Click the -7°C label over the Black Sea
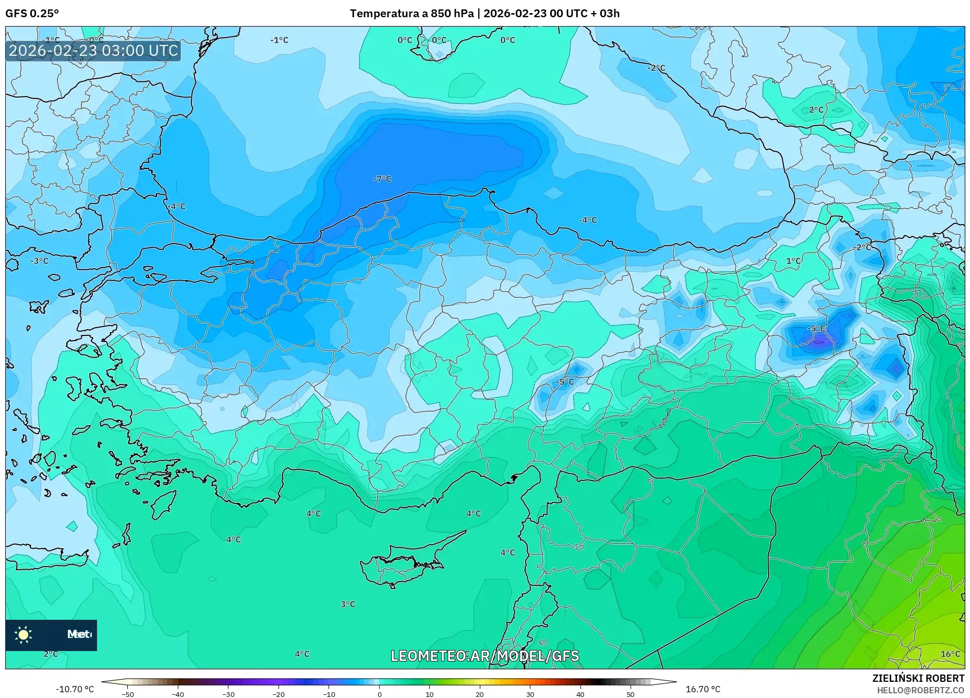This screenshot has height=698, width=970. click(x=382, y=179)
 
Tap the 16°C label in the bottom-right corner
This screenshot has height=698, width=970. click(x=950, y=654)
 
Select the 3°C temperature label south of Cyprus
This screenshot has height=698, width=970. click(x=348, y=604)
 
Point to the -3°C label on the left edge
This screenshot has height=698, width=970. click(x=39, y=261)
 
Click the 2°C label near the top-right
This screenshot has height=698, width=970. click(x=816, y=110)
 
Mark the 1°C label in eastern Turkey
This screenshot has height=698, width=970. click(x=793, y=261)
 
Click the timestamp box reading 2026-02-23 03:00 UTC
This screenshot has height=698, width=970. click(x=93, y=51)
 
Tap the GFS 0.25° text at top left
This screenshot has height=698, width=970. click(x=32, y=14)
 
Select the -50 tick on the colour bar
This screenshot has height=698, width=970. click(x=128, y=694)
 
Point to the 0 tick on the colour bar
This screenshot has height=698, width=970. click(x=379, y=694)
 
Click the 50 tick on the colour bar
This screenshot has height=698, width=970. click(x=630, y=694)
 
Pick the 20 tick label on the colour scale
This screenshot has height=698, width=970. click(x=480, y=694)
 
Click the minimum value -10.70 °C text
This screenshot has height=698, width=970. click(x=75, y=689)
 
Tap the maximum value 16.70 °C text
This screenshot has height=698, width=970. click(x=703, y=689)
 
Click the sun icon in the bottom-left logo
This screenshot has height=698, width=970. click(x=23, y=634)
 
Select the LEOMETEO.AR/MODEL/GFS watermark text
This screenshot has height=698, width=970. click(x=484, y=656)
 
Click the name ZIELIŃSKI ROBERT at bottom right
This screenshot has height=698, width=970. click(x=918, y=678)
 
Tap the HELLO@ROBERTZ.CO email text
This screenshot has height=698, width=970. click(x=920, y=690)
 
